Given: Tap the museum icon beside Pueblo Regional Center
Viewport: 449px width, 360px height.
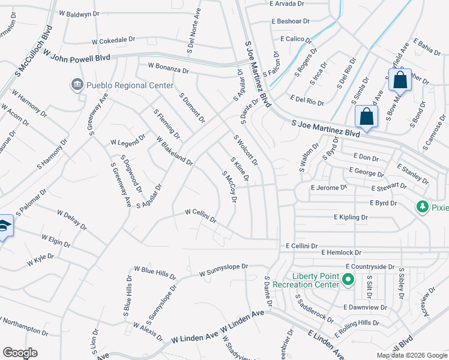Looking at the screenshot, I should click(x=77, y=85).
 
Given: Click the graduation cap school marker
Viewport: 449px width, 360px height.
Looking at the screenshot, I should click(x=4, y=226).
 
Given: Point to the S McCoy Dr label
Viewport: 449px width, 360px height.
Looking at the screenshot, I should click(x=228, y=187).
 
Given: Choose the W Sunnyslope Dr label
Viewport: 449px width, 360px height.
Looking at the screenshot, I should click(x=223, y=268).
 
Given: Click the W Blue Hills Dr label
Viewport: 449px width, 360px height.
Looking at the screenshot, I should click(x=154, y=272).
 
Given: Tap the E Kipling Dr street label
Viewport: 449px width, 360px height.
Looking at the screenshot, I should click(x=351, y=217).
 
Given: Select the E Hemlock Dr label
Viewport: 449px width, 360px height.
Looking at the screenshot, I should click(x=341, y=253).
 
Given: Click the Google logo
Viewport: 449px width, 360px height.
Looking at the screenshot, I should click(x=20, y=353).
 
